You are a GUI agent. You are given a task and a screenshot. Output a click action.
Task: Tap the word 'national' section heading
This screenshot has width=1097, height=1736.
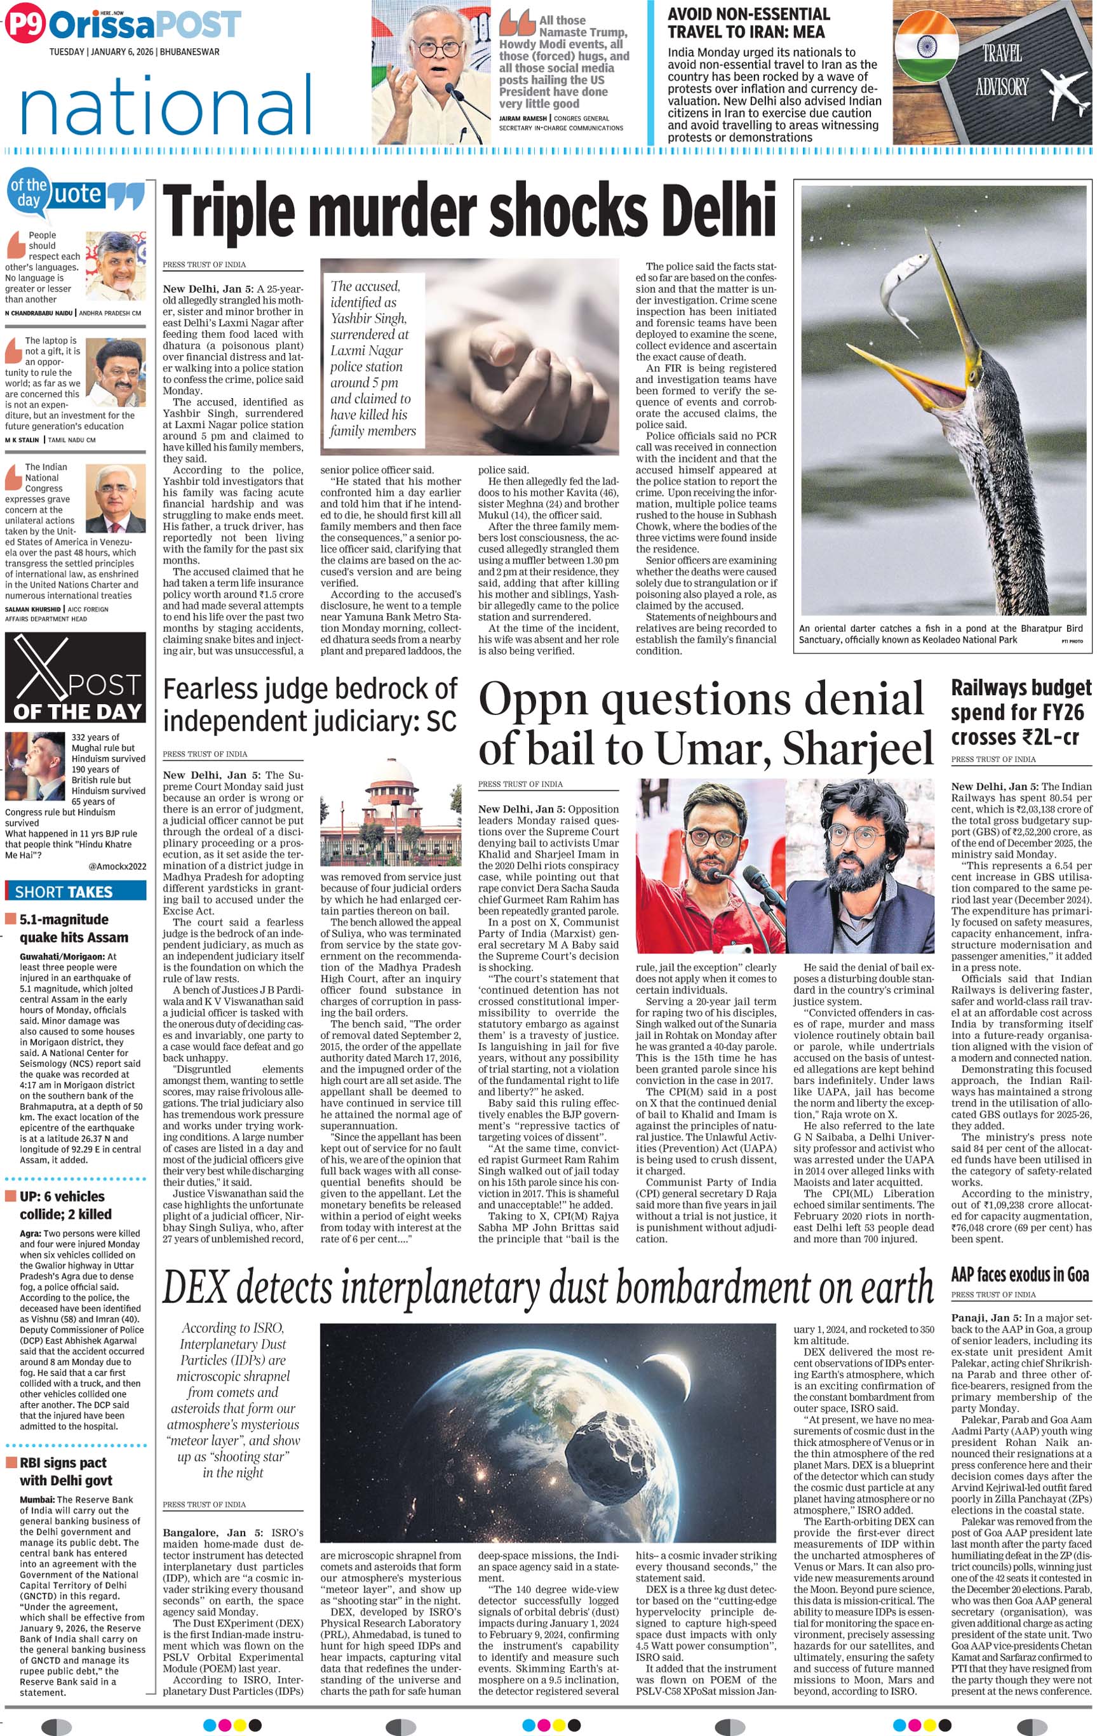[x=166, y=106]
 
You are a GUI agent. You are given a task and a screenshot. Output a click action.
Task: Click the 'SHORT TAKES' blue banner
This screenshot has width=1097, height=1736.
[x=75, y=891]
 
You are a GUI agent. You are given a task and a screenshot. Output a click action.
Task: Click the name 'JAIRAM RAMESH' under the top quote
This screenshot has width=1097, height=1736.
[x=523, y=118]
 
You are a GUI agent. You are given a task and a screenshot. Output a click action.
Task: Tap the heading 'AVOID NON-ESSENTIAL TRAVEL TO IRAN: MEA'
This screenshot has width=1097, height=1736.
[x=748, y=23]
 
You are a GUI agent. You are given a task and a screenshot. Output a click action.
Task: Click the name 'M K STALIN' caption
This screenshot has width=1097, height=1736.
[x=22, y=440]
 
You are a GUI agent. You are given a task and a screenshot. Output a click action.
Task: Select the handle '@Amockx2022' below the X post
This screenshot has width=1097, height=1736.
[x=117, y=867]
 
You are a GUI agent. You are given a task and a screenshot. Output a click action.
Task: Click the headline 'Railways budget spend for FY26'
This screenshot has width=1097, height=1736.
[x=1021, y=712]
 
